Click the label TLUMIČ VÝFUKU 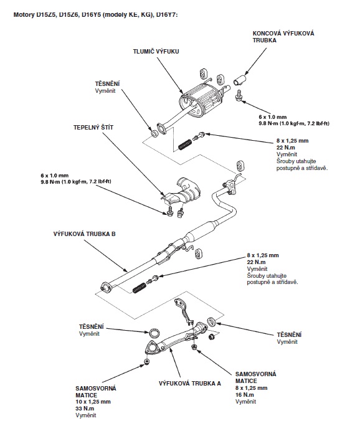click(156, 52)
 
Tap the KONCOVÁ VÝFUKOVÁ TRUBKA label click(283, 37)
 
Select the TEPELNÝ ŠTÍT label click(93, 128)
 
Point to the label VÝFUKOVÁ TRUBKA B click(84, 234)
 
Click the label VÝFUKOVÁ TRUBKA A click(189, 383)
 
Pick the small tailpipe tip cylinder click(240, 79)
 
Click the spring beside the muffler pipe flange click(185, 144)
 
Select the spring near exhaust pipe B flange click(140, 287)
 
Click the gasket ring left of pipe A click(154, 333)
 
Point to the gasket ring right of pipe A click(211, 321)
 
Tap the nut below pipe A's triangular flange click(147, 361)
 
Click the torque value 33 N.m click(85, 408)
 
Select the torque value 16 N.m click(245, 395)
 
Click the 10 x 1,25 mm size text click(93, 402)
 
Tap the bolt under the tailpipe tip click(239, 96)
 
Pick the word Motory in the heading click(24, 14)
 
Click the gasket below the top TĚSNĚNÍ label click(154, 133)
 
